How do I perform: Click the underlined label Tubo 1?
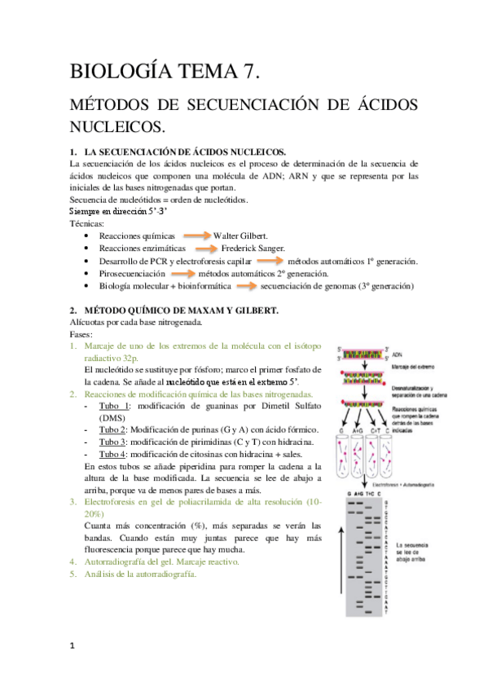tap(114, 406)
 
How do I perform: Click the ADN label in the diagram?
tap(399, 355)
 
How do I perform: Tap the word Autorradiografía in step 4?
tap(120, 561)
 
